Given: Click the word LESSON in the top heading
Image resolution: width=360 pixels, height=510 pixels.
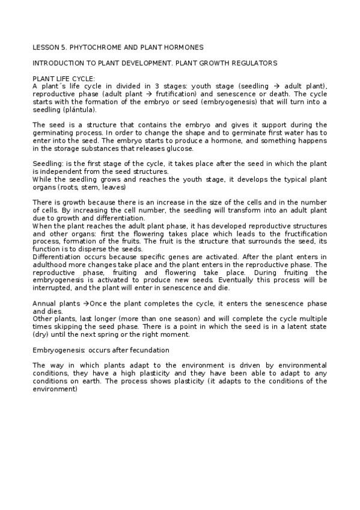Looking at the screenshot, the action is (x=44, y=46).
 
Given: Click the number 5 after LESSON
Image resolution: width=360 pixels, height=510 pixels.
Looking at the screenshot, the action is (x=62, y=46).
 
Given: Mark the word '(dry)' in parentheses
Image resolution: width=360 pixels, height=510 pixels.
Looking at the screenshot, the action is (x=41, y=336).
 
